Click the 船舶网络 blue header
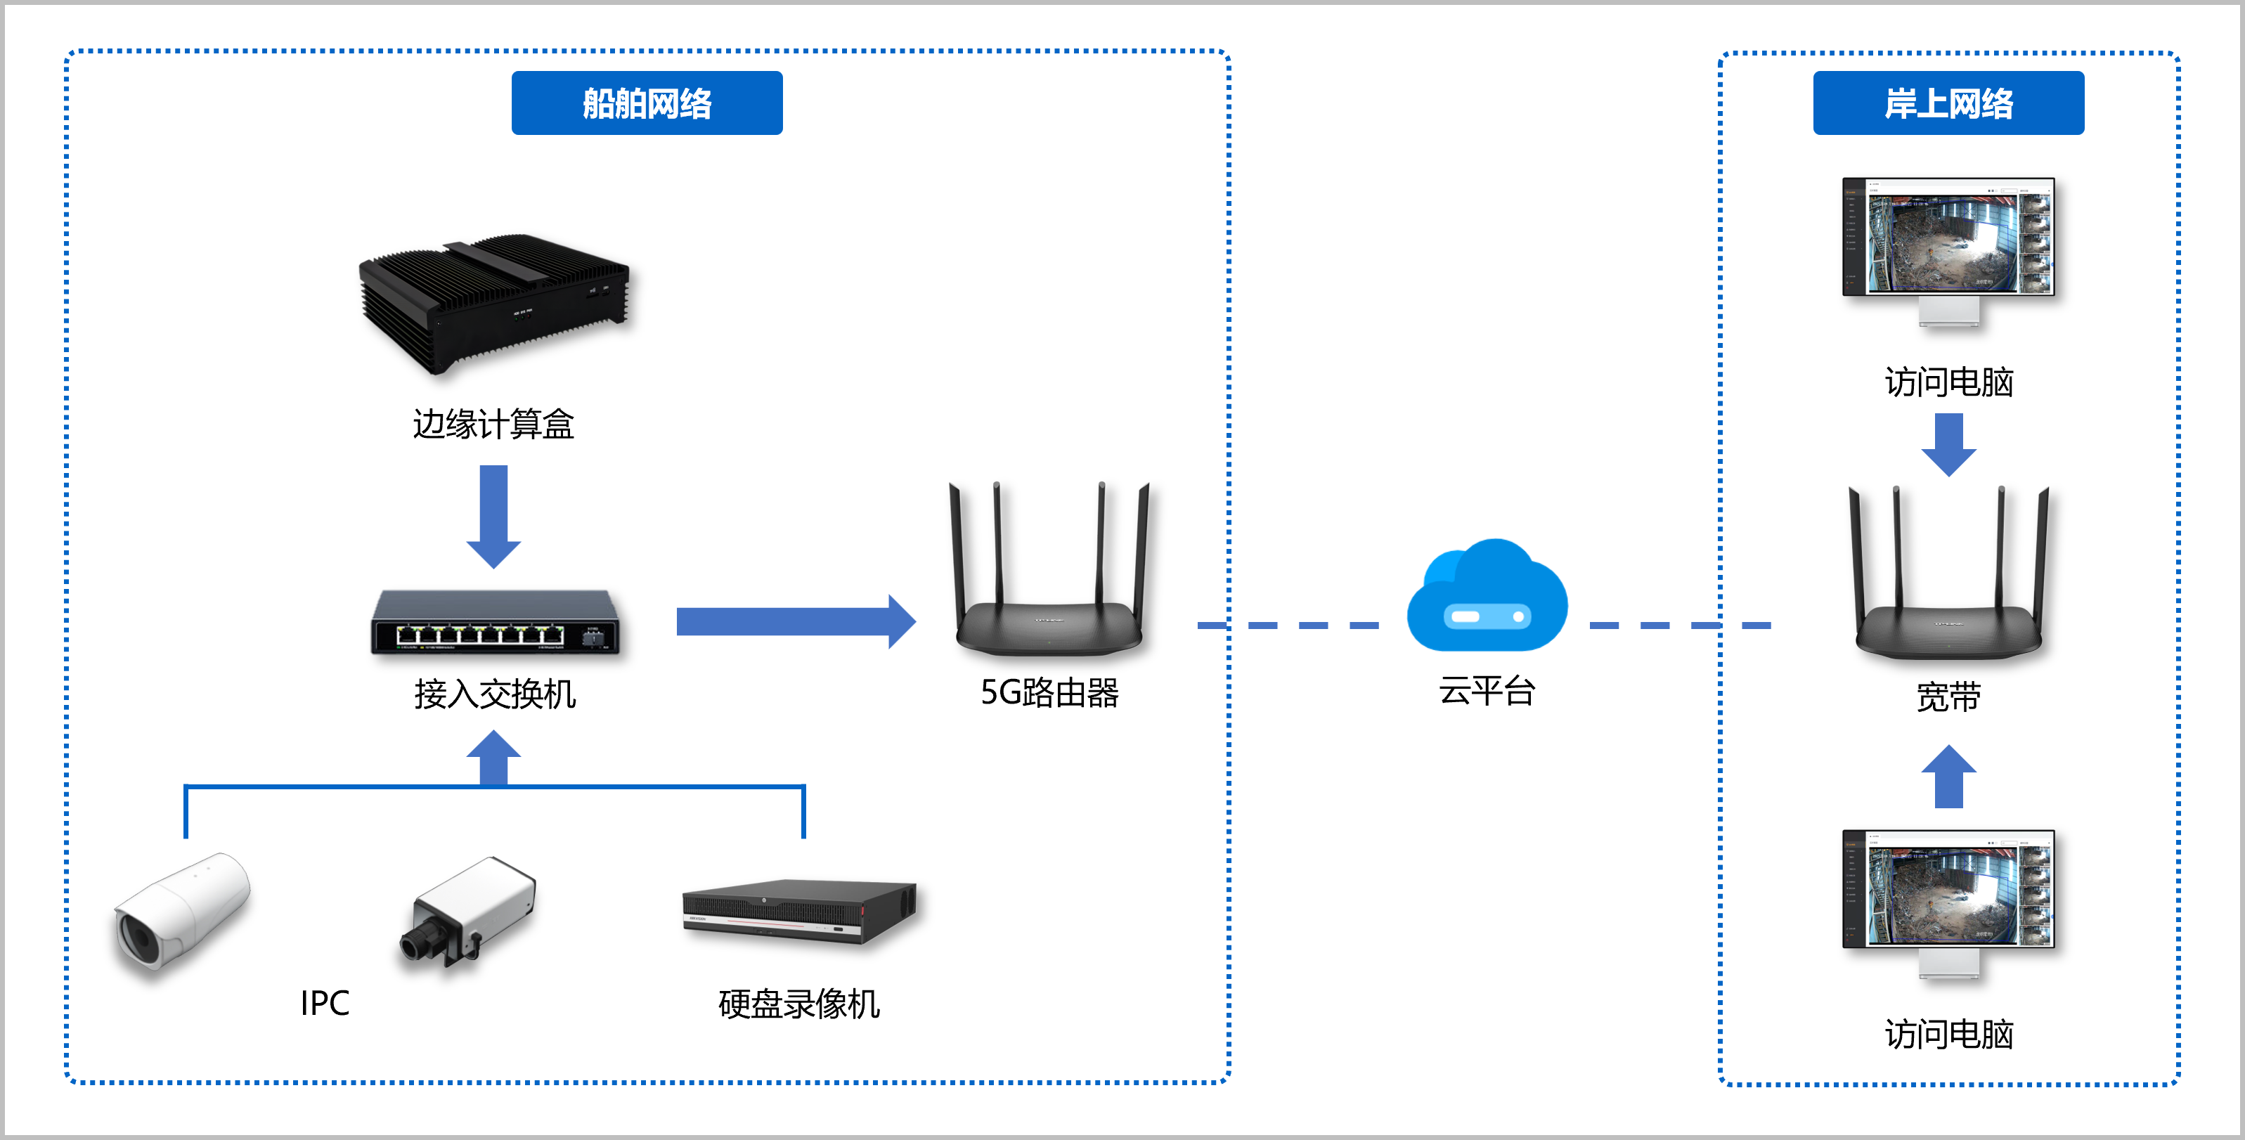tap(647, 103)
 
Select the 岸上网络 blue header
tap(1948, 103)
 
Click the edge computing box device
tap(493, 301)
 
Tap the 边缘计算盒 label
tap(493, 425)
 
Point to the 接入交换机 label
tap(495, 694)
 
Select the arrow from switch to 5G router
tap(793, 621)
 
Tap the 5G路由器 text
tap(1049, 693)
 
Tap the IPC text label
tap(324, 1003)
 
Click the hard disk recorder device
tap(798, 911)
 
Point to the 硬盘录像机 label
tap(798, 1004)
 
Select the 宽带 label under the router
tap(1948, 697)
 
